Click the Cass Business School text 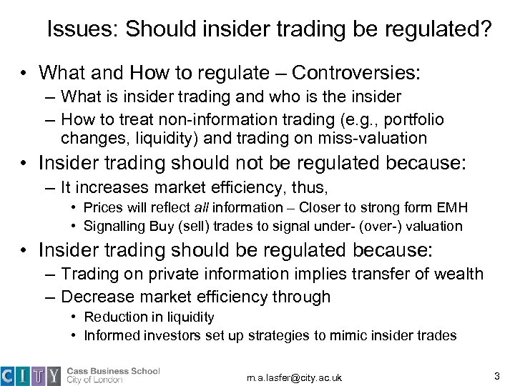[114, 370]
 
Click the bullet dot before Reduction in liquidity [77, 317]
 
